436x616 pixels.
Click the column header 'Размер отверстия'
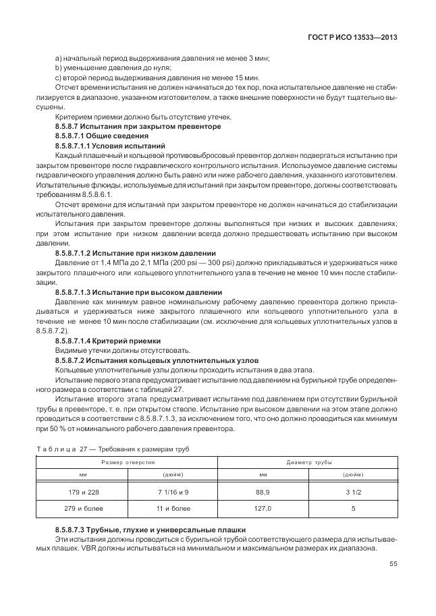coord(128,462)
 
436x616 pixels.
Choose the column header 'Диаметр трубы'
coord(308,462)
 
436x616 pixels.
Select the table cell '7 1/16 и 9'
coord(172,492)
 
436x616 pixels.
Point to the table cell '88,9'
coord(263,492)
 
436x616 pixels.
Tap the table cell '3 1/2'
coord(353,492)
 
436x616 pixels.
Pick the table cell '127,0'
coord(263,508)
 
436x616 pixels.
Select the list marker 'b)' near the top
coord(58,67)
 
